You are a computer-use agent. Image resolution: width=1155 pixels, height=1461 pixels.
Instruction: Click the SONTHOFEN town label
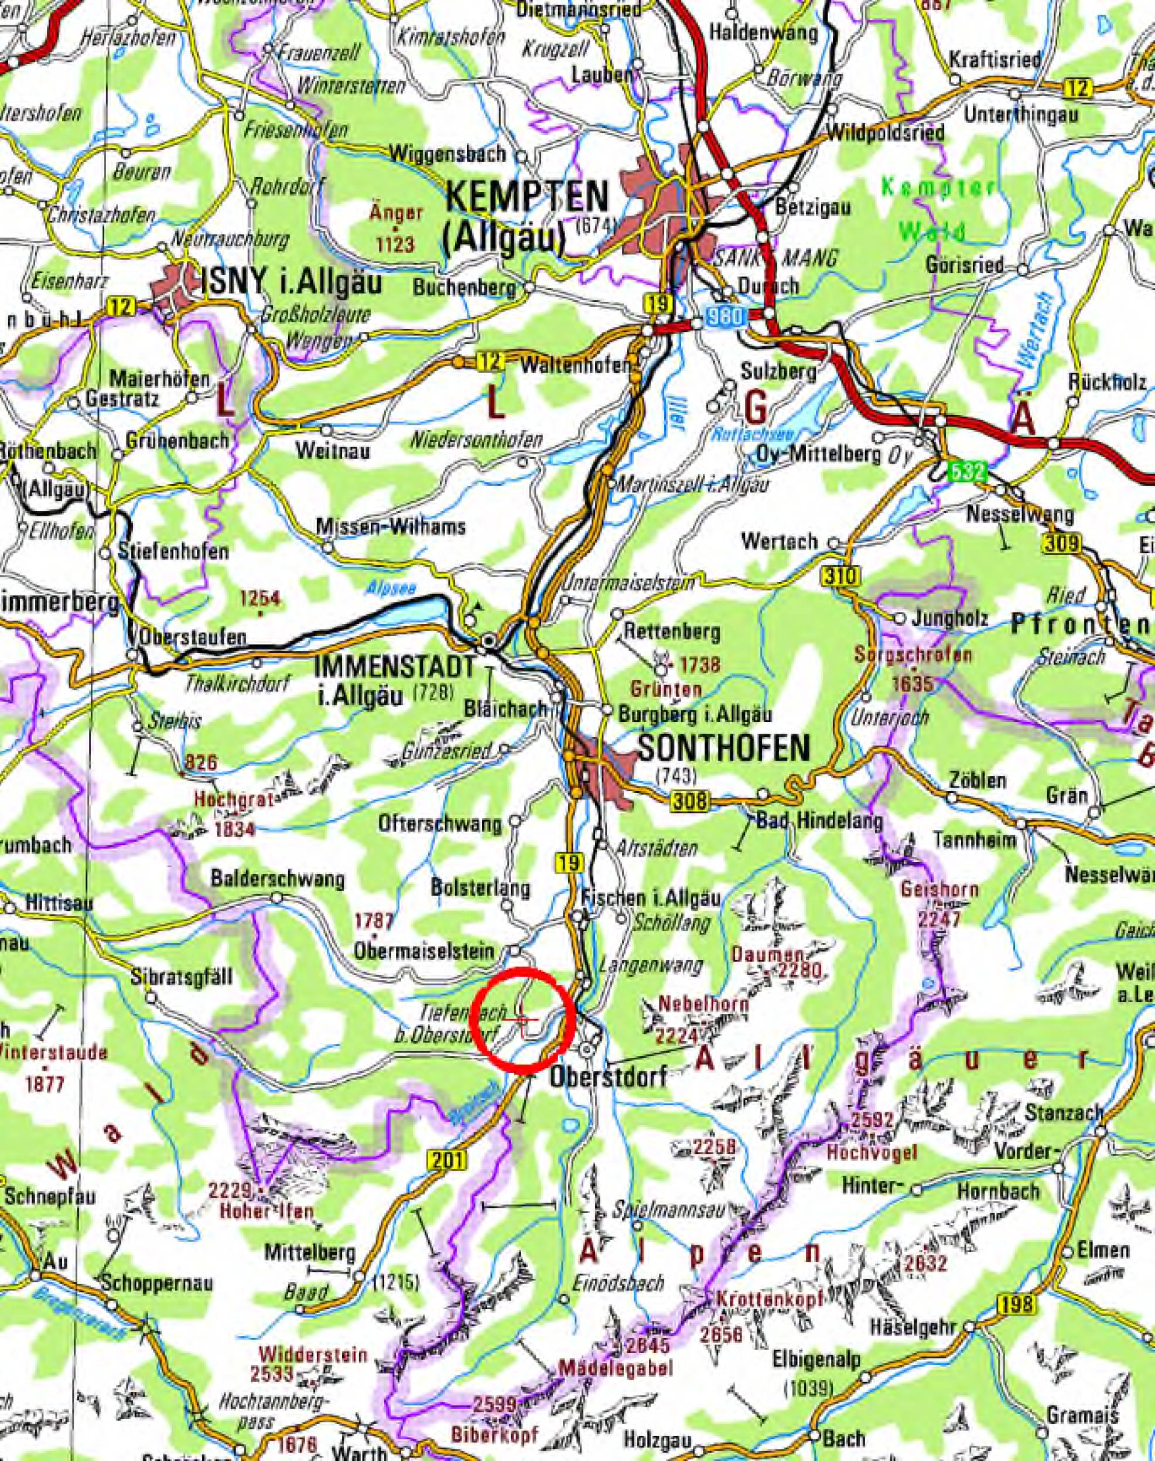[x=723, y=747]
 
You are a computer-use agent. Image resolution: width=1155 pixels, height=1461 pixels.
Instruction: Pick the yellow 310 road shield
[x=841, y=577]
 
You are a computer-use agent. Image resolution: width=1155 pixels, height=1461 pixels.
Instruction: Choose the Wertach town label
[x=779, y=542]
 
